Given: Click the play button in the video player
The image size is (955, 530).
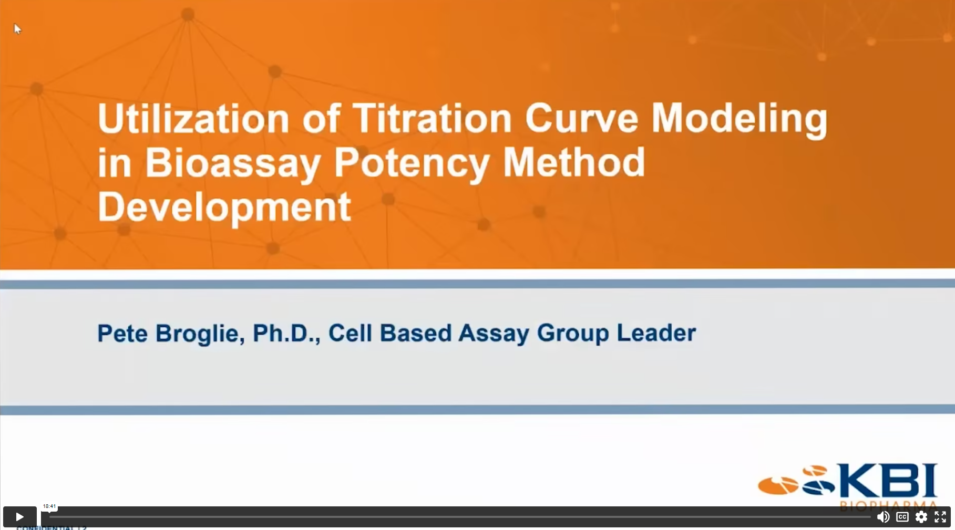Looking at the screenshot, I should point(19,517).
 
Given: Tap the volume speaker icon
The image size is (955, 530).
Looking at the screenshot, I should point(883,517).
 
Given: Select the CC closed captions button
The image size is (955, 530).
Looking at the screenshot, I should point(902,517).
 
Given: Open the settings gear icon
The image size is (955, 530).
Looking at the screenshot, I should point(921,517).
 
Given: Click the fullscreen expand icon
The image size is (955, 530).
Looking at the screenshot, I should point(940,517).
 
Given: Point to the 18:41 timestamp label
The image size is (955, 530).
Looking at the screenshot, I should point(49,506).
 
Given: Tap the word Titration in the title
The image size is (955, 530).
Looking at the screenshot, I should point(432,118).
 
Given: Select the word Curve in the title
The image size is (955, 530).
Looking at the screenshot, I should point(581,118).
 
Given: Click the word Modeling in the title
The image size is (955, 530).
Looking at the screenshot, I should point(739,119).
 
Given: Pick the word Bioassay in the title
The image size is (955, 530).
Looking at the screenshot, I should point(233,163).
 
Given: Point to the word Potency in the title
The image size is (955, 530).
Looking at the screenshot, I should point(412,163).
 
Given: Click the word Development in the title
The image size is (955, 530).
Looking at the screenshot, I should point(224,207).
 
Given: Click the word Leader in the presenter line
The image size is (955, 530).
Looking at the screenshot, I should point(656,333).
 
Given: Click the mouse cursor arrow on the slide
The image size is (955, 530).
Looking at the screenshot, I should point(17,29).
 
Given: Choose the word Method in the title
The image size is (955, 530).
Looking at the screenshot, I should point(574,162).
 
